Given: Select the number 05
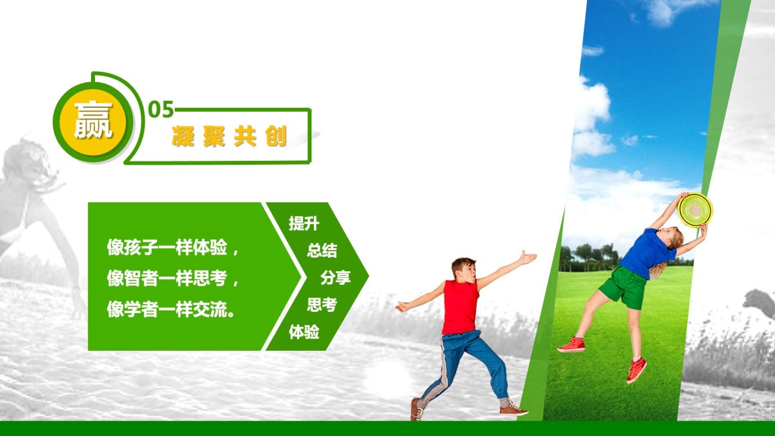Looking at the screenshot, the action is (x=161, y=109).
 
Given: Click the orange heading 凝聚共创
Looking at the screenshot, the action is (x=229, y=136).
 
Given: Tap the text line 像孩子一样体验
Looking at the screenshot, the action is (x=167, y=247).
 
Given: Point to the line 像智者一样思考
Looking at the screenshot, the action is (x=167, y=278).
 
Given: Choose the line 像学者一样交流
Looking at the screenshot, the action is (x=167, y=309).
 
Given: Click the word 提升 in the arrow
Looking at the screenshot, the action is (x=304, y=223).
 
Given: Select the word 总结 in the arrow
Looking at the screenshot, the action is (x=322, y=250).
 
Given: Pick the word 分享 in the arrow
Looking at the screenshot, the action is (x=335, y=278).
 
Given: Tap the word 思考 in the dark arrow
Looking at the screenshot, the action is (x=322, y=305).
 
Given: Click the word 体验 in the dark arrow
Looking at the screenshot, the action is (x=304, y=332).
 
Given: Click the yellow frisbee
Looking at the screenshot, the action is (x=695, y=210).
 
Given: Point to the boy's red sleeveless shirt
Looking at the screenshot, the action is (x=460, y=307).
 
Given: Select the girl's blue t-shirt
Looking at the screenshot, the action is (x=648, y=254).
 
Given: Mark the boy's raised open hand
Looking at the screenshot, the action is (x=528, y=258).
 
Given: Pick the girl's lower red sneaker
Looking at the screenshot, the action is (x=636, y=370).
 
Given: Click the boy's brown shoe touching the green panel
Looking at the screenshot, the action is (x=513, y=409).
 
